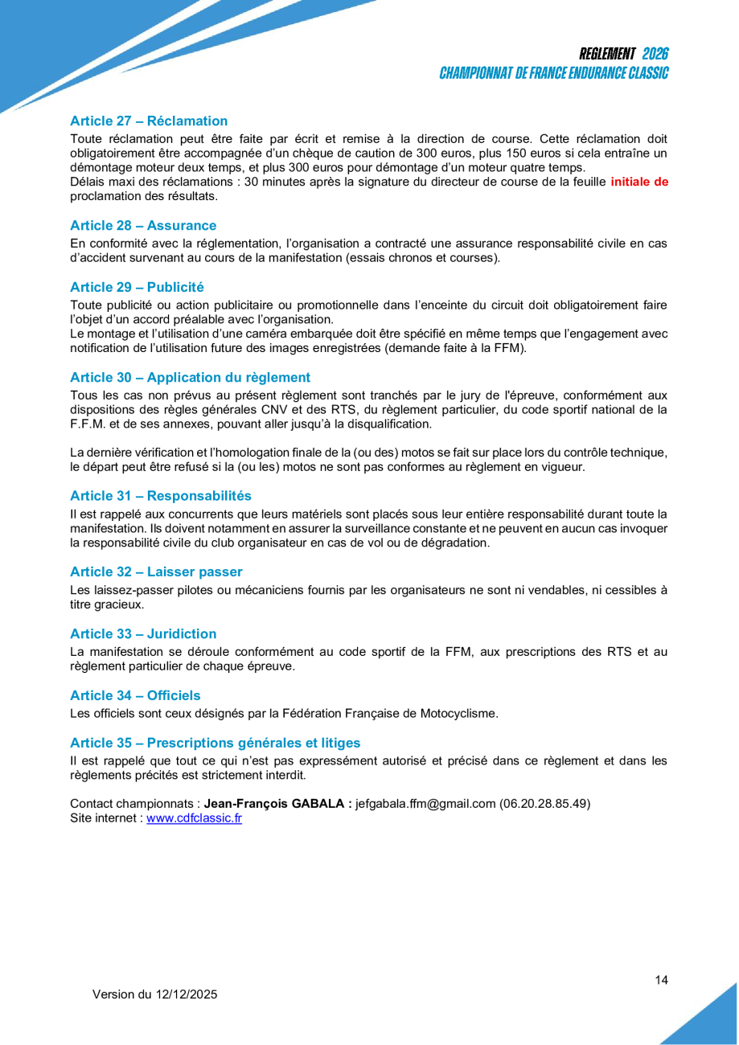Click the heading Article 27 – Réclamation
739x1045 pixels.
(149, 121)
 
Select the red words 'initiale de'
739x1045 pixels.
(639, 182)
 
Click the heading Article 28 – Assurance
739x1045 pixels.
(143, 226)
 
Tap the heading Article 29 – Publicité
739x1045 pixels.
(137, 287)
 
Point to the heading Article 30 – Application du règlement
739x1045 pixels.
(190, 378)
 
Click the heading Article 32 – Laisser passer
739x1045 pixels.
(156, 572)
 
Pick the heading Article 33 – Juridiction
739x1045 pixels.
(143, 634)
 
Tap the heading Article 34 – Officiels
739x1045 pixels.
(135, 695)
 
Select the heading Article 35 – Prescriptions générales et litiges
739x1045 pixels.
(216, 743)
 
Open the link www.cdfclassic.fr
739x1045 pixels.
(194, 818)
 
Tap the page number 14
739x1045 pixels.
(662, 980)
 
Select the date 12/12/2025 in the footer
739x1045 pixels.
(187, 994)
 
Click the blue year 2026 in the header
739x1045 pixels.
(655, 54)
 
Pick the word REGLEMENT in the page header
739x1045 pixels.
(607, 54)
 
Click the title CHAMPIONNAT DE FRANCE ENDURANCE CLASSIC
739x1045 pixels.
(554, 73)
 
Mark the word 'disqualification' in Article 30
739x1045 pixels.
(391, 424)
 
